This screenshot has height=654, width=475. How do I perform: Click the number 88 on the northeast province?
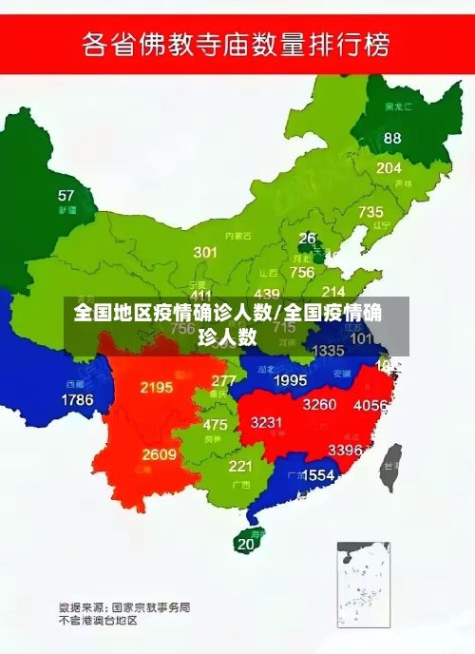point(392,138)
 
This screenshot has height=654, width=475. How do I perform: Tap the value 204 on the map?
point(389,168)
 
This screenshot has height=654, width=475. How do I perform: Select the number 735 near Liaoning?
point(370,212)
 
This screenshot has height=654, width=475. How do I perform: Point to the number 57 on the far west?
point(66,196)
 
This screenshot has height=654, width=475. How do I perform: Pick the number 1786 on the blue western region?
point(77,400)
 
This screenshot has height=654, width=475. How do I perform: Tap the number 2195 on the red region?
point(156,387)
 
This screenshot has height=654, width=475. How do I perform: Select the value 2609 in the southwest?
point(160,454)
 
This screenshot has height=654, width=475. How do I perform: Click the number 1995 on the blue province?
point(290,380)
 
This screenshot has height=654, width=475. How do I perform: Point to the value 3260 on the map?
point(319,404)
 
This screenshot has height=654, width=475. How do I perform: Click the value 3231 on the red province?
point(266,423)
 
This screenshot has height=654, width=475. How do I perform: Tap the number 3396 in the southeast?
point(345,450)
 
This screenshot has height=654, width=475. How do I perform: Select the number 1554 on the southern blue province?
point(317,474)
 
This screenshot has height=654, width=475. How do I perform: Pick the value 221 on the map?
point(240,466)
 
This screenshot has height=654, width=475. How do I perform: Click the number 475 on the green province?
point(215,425)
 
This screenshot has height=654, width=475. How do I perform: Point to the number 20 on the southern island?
point(246,545)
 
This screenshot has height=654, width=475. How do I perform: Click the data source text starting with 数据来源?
point(124,606)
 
